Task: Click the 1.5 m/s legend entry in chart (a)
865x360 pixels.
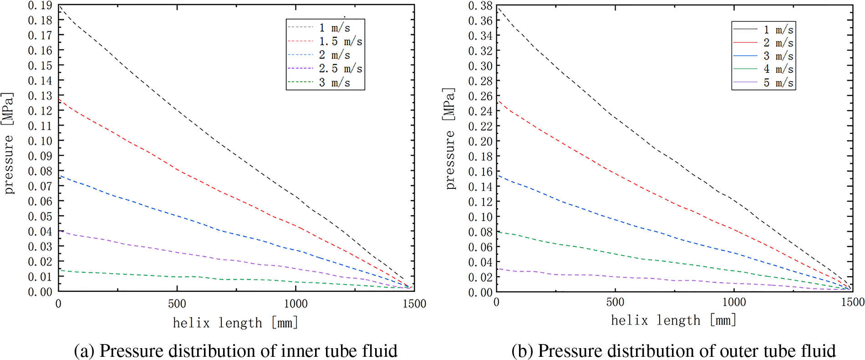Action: tap(341, 41)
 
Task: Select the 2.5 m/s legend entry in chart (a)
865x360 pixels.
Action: tap(341, 69)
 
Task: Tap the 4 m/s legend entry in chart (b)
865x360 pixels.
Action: tap(778, 69)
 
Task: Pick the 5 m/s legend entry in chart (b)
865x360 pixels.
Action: tap(778, 83)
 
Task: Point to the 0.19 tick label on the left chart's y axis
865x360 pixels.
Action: tap(40, 5)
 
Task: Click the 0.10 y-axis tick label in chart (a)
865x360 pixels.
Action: tap(40, 141)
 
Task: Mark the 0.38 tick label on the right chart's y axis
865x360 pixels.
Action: tap(480, 5)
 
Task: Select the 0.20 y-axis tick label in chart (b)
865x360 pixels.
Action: tap(480, 141)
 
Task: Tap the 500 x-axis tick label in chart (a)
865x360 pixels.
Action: tap(177, 304)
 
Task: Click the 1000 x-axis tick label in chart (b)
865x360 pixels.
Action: tap(734, 302)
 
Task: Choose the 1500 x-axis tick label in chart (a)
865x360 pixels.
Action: tap(414, 304)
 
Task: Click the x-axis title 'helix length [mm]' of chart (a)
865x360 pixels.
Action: tap(235, 323)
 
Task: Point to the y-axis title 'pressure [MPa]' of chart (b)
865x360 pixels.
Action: tap(449, 138)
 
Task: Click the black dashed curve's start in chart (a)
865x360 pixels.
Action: tap(59, 5)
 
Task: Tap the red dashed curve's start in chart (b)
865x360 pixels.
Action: tap(498, 100)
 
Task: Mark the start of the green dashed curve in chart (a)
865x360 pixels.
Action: tap(59, 270)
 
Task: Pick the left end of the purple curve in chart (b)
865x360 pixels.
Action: tap(498, 269)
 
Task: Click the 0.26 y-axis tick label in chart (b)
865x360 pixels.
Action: tap(480, 96)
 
